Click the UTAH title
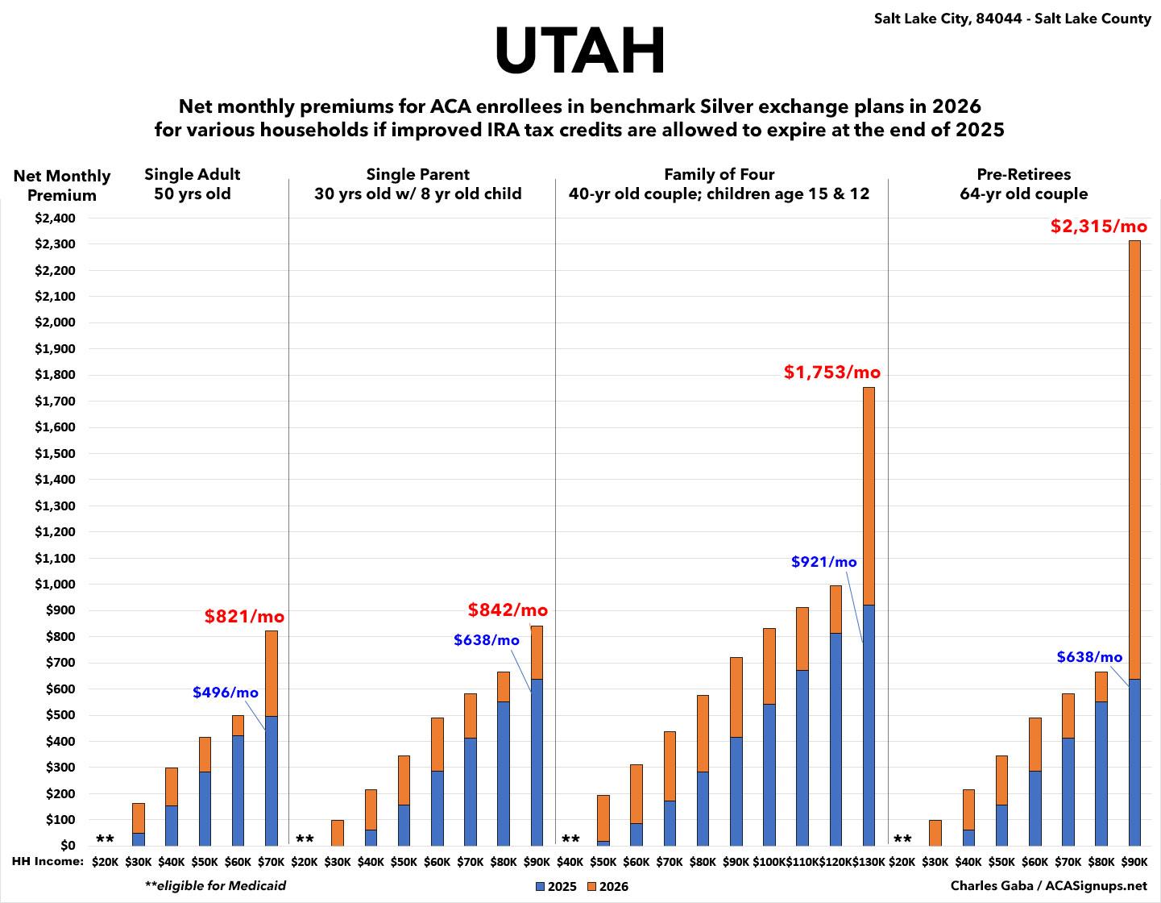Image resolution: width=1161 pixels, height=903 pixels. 580,50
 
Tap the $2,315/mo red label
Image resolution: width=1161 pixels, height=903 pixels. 1097,227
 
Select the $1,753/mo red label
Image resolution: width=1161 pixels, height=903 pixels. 832,372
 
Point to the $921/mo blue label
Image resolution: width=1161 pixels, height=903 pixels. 823,562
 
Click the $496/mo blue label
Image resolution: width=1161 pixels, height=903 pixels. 226,693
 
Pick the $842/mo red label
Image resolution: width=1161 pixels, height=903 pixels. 508,610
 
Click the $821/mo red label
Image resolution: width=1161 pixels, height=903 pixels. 244,617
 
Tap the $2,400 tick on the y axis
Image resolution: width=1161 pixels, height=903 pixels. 55,218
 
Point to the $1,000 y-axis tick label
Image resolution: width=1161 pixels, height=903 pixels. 55,585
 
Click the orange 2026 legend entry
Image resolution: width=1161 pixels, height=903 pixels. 607,887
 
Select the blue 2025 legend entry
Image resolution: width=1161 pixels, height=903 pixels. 556,887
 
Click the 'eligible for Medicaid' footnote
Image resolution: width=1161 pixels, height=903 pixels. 215,885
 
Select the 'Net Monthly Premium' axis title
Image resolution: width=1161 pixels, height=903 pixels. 61,185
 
